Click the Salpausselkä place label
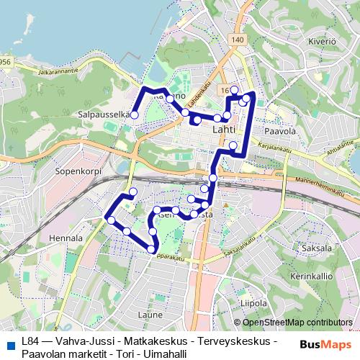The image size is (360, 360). pyautogui.click(x=106, y=114)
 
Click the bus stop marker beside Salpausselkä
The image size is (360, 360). pyautogui.click(x=134, y=114)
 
